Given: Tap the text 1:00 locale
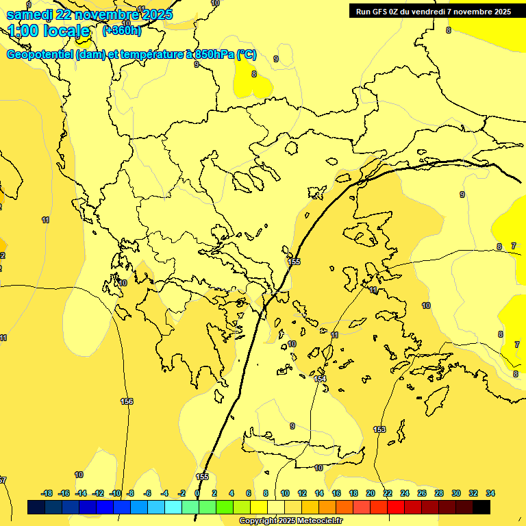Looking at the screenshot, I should tap(49, 31).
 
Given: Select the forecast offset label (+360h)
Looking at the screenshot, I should tap(121, 31).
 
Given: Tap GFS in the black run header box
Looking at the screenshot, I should tap(381, 12).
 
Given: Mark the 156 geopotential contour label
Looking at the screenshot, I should tap(127, 401).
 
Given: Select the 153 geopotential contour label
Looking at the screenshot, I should tap(379, 429).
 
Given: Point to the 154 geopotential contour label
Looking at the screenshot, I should tap(320, 379).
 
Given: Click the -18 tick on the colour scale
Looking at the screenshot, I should tap(47, 493).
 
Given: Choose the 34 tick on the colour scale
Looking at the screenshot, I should tap(490, 493).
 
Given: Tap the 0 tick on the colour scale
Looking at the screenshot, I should tap(197, 493).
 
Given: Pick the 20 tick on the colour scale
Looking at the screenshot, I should tap(371, 493).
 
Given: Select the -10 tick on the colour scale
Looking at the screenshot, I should tap(114, 493).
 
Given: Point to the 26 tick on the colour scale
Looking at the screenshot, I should tap(422, 493).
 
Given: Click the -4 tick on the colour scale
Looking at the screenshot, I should tap(164, 493).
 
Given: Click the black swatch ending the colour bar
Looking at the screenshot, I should tap(481, 508).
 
